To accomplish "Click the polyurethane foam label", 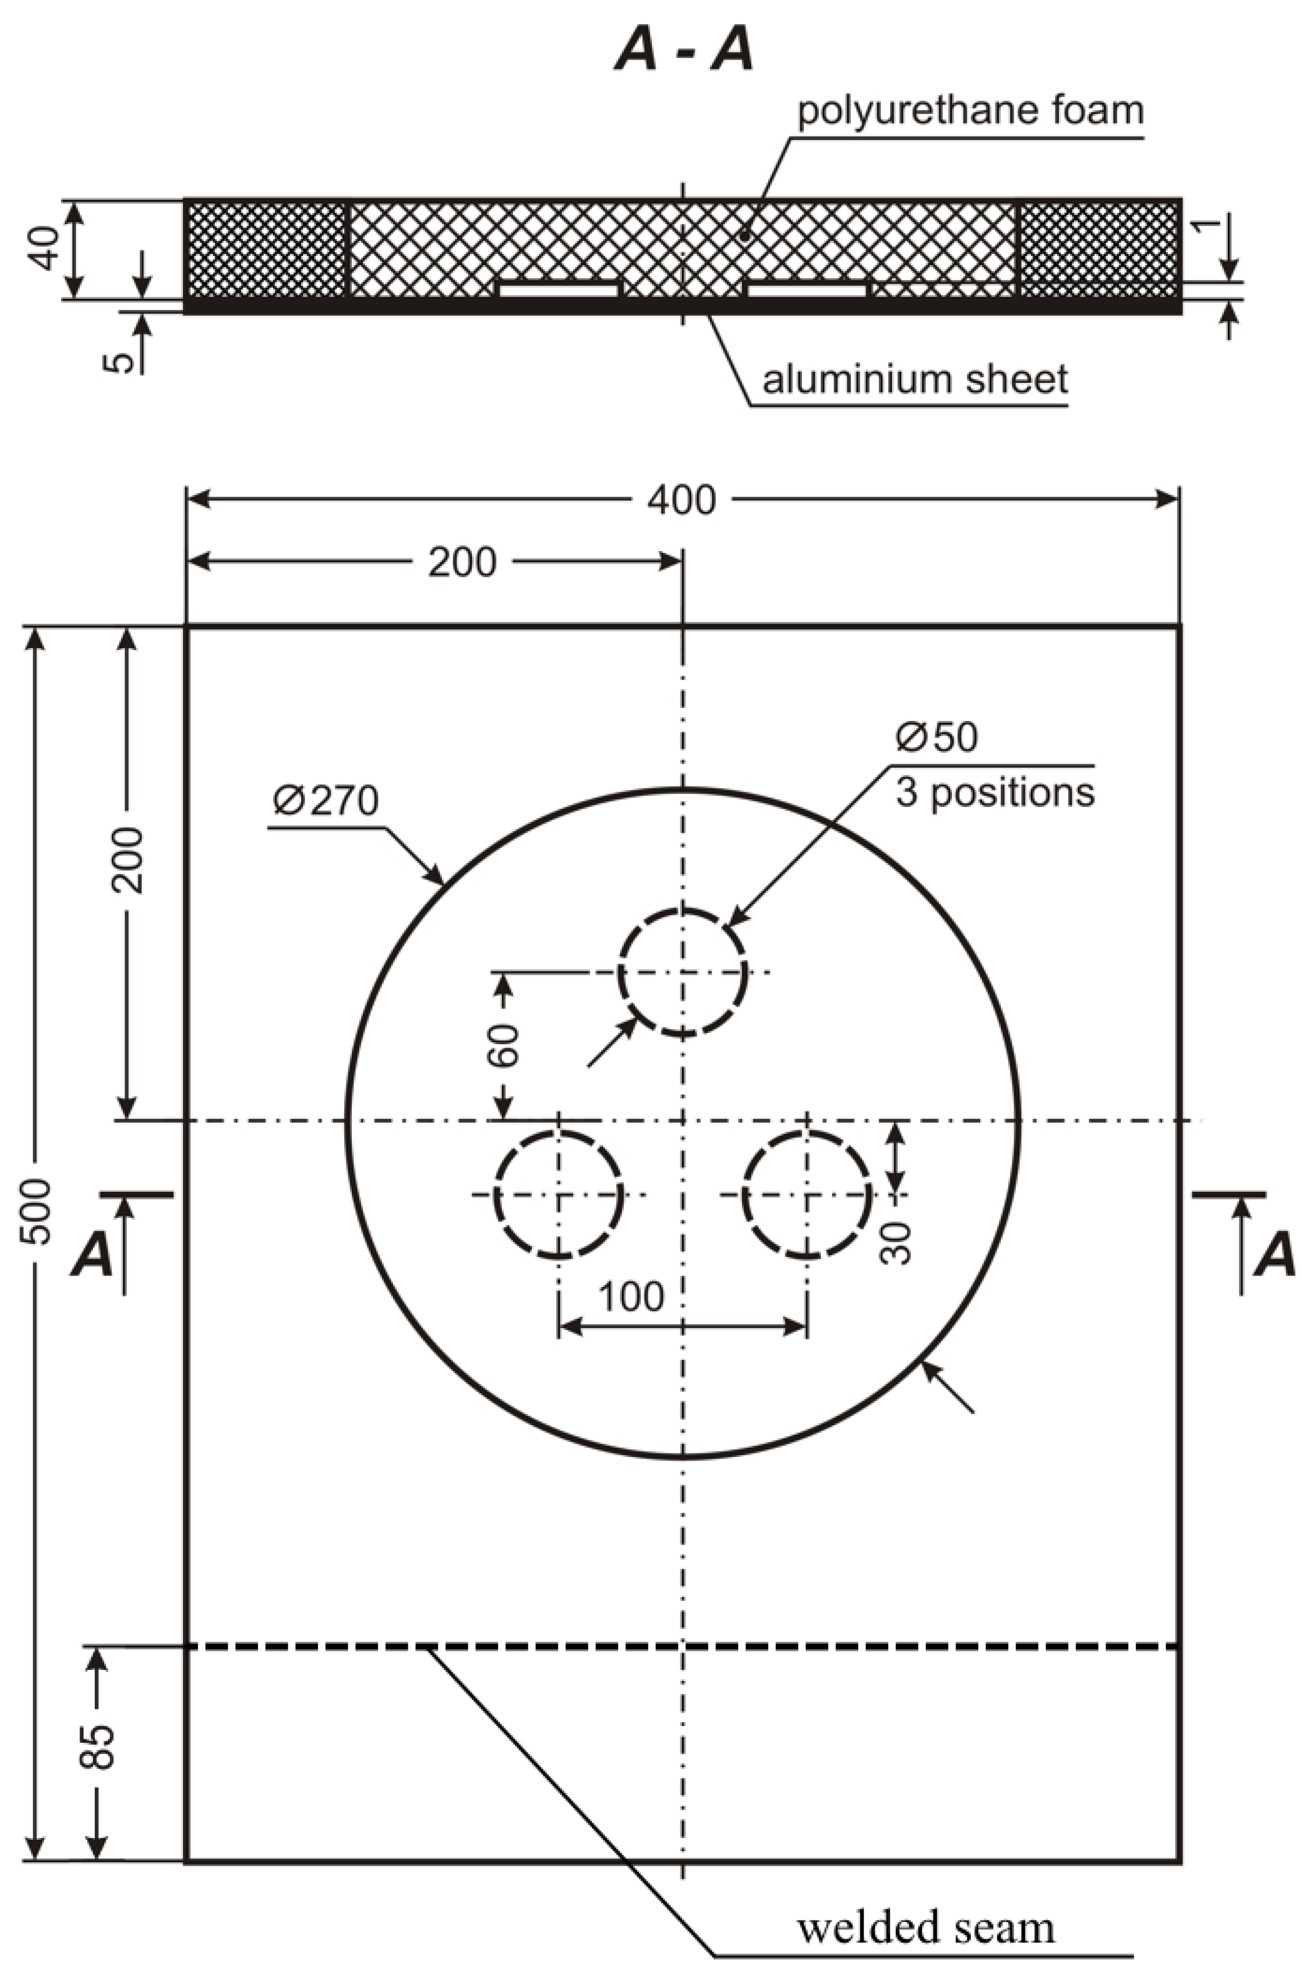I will point(970,111).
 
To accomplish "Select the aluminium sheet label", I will point(914,380).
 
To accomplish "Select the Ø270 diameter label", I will point(325,801).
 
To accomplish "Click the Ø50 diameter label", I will point(937,737).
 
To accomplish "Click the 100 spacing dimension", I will point(631,1296).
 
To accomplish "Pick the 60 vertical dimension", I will point(504,1046).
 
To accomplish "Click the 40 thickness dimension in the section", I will point(46,248).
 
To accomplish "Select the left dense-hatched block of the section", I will point(266,248).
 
